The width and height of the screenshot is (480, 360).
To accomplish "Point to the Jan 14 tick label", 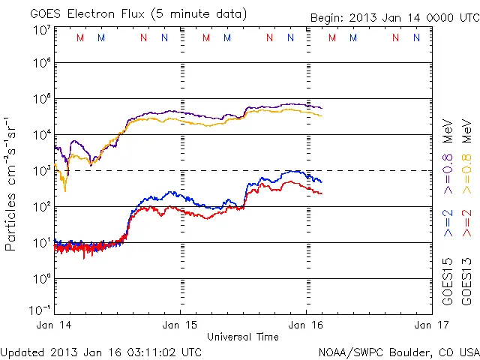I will (54, 325).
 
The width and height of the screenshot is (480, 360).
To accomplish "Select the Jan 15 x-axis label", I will (180, 325).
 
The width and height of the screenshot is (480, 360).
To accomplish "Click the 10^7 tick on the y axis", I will (41, 30).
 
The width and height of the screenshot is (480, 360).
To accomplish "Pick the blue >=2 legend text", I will (448, 223).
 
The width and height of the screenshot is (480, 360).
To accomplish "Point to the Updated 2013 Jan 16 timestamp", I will (101, 352).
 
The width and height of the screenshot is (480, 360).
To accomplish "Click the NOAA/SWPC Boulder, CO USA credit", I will (398, 352).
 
